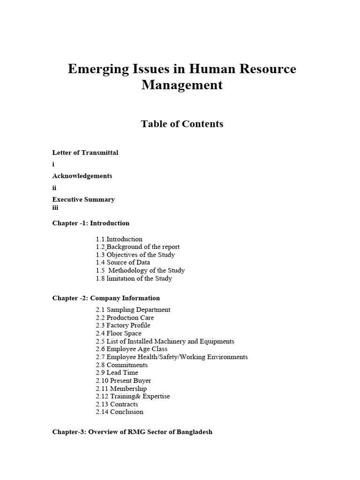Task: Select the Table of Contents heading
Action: click(x=182, y=124)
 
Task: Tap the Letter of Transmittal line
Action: click(x=85, y=153)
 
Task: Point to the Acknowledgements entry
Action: click(x=82, y=176)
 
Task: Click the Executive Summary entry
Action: click(x=83, y=199)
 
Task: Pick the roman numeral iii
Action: click(x=55, y=208)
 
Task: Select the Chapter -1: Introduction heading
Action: click(x=91, y=223)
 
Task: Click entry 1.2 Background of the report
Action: click(x=138, y=247)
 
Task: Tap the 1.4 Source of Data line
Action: click(x=123, y=262)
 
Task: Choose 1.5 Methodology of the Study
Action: click(x=140, y=270)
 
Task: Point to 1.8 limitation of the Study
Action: click(x=134, y=278)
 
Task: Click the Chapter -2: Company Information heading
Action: click(x=106, y=298)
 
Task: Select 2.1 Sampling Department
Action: click(x=133, y=310)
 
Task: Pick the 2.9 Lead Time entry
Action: click(x=117, y=373)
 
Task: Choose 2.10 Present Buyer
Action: click(x=124, y=381)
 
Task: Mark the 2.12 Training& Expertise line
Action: click(x=133, y=396)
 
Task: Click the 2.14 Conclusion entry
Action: click(x=120, y=412)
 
